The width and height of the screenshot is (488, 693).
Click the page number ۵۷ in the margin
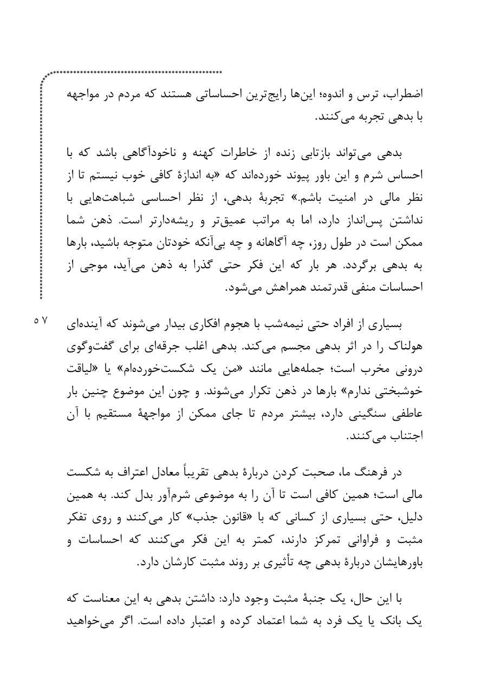[40, 321]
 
